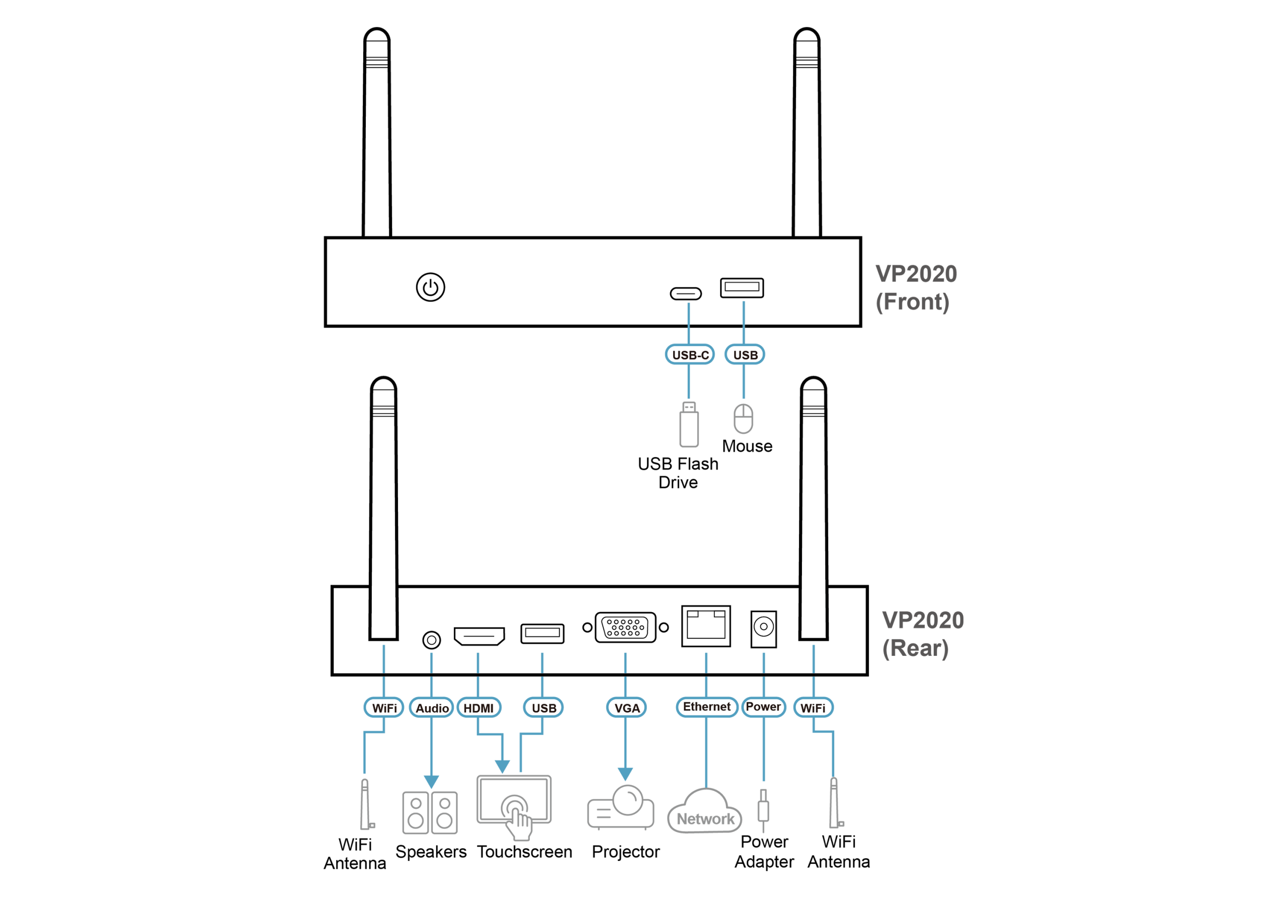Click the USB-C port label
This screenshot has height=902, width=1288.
(x=689, y=355)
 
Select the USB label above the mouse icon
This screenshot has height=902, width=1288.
(x=745, y=355)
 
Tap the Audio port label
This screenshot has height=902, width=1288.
(x=431, y=708)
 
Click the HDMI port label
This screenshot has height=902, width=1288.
(x=478, y=708)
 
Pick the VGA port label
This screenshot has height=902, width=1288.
(x=626, y=708)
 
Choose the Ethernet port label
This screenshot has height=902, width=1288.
(x=706, y=707)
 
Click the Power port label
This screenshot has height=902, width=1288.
(x=763, y=707)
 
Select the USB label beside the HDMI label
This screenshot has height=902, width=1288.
(x=543, y=708)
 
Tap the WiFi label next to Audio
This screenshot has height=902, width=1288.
(x=384, y=708)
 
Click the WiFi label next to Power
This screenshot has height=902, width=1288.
(x=813, y=708)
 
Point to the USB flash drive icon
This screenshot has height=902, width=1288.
(x=689, y=424)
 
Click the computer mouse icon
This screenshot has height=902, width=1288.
(x=743, y=418)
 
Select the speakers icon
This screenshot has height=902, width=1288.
(x=430, y=813)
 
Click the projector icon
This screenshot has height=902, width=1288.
(x=621, y=808)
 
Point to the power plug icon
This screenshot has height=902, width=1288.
(x=763, y=810)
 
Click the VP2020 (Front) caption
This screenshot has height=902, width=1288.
(x=916, y=288)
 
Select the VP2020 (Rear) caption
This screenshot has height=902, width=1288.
(x=922, y=634)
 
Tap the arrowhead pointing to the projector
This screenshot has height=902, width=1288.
(x=625, y=774)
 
